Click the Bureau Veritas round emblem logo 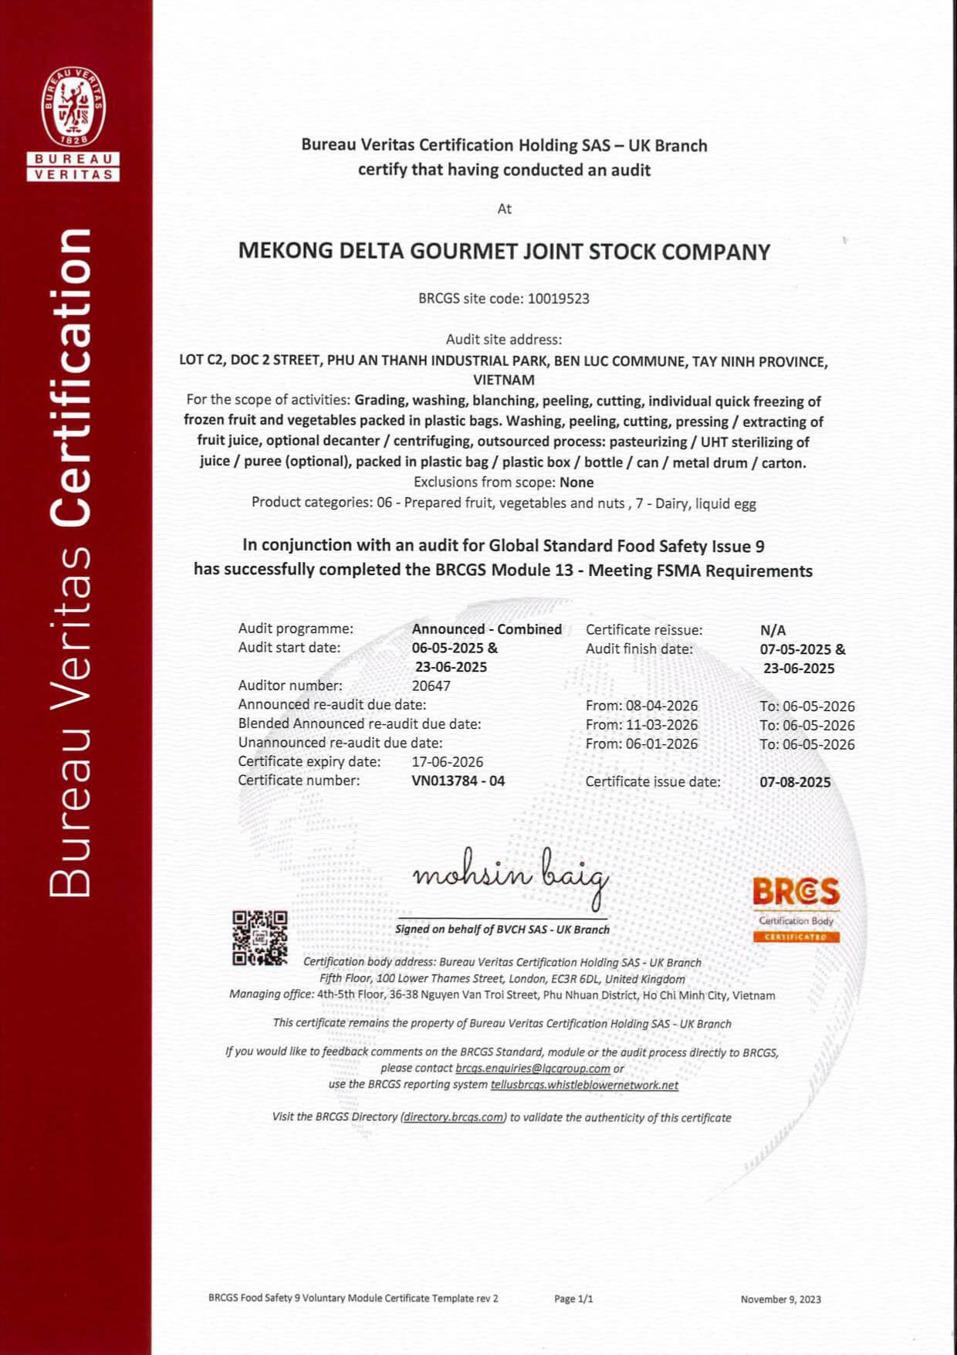tap(74, 107)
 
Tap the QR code tap(259, 937)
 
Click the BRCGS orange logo tap(796, 893)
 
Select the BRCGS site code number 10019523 tap(558, 299)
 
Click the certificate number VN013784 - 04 tap(458, 781)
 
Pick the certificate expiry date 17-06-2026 tap(447, 761)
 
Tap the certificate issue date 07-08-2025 tap(795, 782)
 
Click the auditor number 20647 tap(431, 686)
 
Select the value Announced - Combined tap(486, 629)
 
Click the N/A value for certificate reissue tap(773, 630)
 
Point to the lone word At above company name tap(504, 209)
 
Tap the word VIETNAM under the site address tap(503, 380)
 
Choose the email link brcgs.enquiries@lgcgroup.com tap(533, 1069)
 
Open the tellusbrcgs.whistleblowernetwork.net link tap(584, 1085)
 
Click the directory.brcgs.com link tap(454, 1117)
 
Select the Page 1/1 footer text tap(573, 1299)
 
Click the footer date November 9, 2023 tap(780, 1299)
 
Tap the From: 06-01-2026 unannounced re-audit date tap(641, 744)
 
